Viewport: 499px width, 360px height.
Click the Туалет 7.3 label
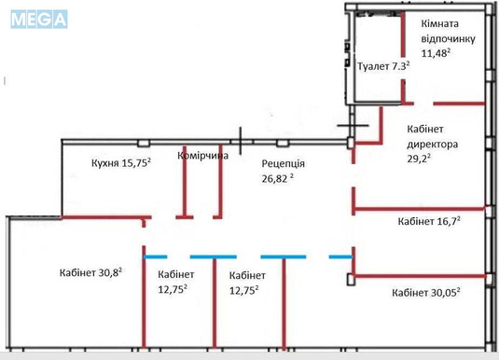pyautogui.click(x=384, y=67)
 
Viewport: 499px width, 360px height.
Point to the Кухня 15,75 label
pyautogui.click(x=121, y=161)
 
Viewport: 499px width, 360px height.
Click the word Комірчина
pyautogui.click(x=202, y=156)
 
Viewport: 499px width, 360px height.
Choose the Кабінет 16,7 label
pyautogui.click(x=429, y=221)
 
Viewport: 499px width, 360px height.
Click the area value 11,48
pyautogui.click(x=437, y=54)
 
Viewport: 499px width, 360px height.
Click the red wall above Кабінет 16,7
pyautogui.click(x=420, y=208)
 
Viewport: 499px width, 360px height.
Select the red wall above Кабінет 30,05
pyautogui.click(x=420, y=275)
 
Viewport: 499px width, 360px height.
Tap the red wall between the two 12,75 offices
pyautogui.click(x=215, y=308)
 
